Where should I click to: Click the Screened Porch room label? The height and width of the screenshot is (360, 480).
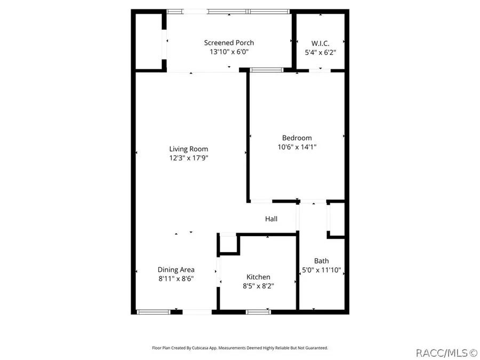tap(229, 43)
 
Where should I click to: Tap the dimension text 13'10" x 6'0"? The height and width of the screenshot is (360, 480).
tap(229, 52)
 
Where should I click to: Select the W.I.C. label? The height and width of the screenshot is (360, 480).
tap(320, 43)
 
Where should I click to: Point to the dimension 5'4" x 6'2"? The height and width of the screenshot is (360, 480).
tap(320, 52)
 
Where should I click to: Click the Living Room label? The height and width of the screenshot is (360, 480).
tap(188, 149)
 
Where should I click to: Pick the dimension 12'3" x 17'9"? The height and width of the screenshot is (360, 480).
tap(188, 158)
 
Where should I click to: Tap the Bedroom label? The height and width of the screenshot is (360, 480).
tap(297, 138)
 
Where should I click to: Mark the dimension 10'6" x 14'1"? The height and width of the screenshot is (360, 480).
tap(297, 147)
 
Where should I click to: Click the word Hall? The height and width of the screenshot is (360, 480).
tap(271, 219)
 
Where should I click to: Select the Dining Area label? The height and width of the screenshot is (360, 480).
tap(175, 269)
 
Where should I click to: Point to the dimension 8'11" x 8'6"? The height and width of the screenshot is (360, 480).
tap(175, 279)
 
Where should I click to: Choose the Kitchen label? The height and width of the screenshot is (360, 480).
tap(258, 277)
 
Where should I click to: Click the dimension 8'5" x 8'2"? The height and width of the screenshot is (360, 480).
tap(258, 286)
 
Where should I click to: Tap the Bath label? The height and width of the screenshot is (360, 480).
tap(321, 261)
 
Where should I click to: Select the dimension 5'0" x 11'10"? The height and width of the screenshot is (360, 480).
tap(321, 270)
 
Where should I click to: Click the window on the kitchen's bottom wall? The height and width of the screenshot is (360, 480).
tap(258, 311)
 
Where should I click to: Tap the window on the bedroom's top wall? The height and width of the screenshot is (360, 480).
tap(267, 69)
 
